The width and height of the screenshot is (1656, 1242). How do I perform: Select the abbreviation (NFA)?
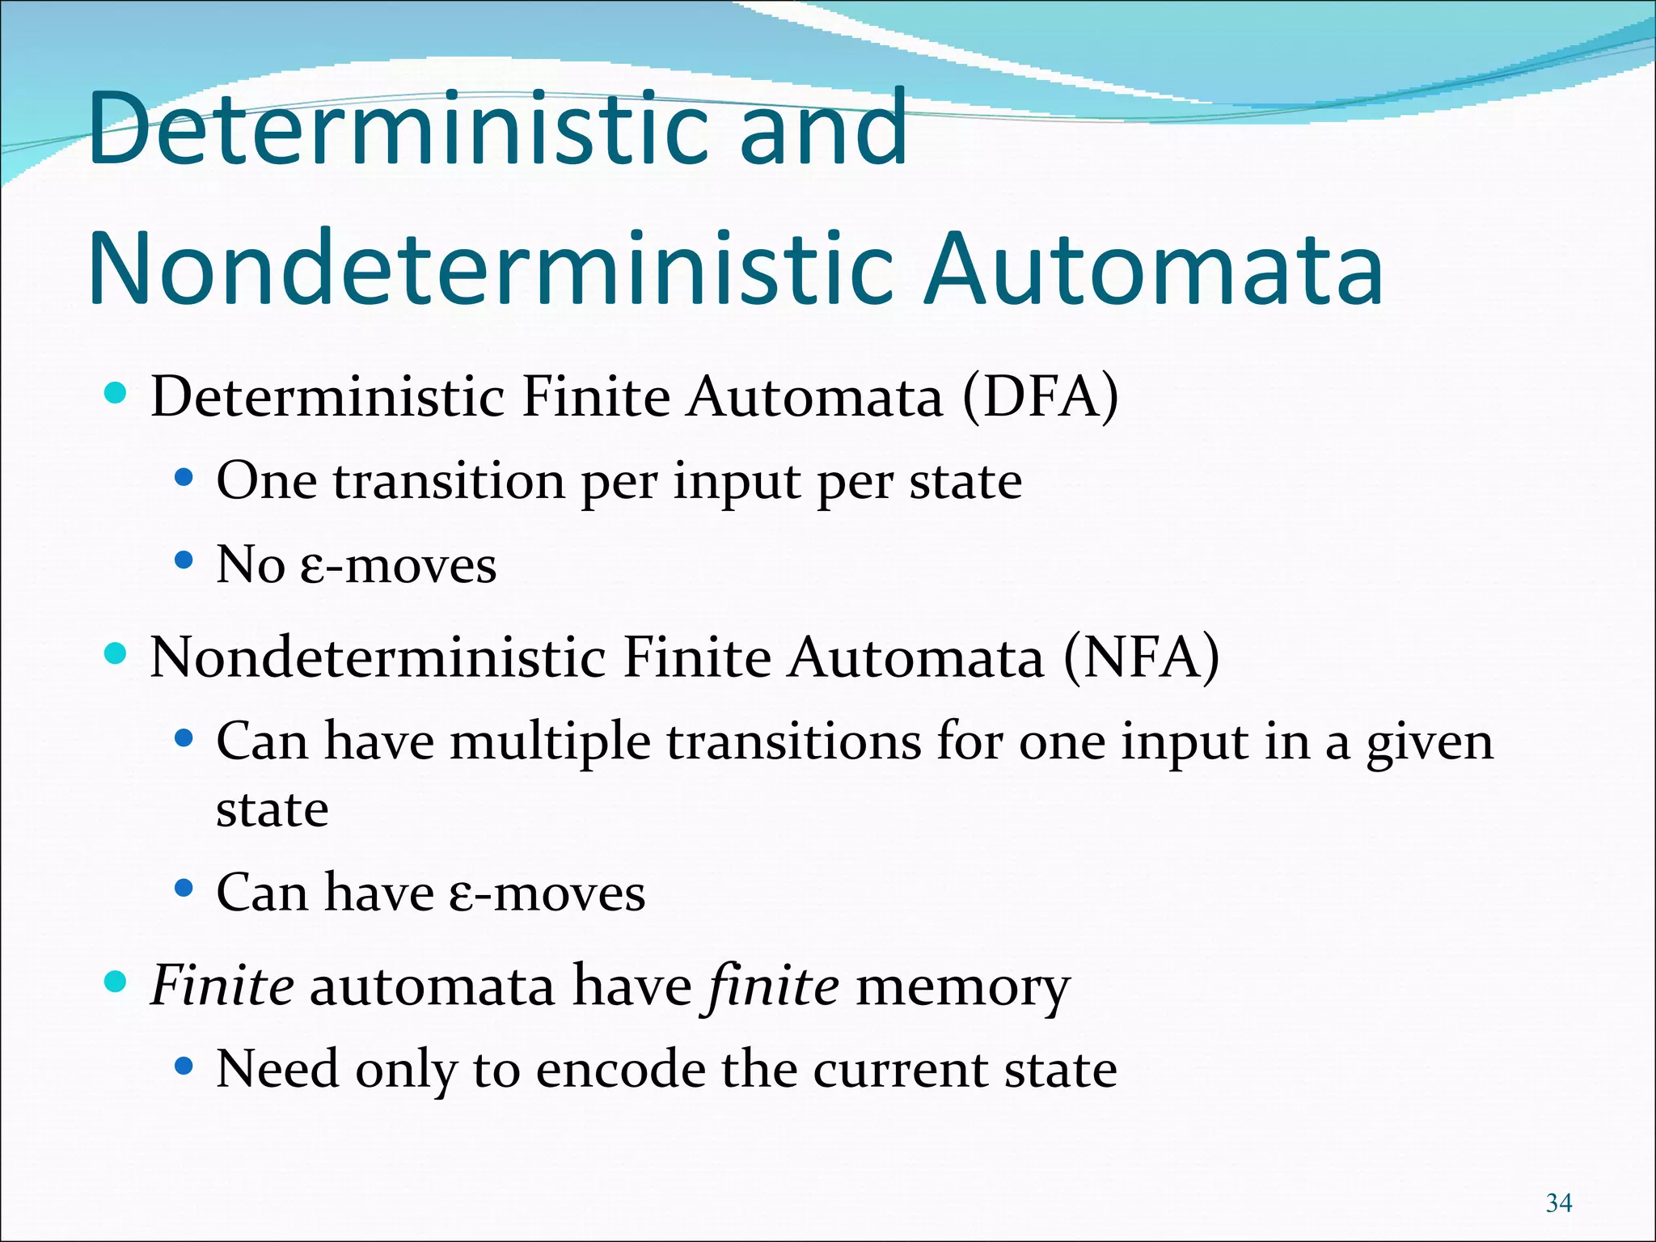[1141, 657]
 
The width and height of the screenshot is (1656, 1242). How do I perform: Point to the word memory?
[963, 986]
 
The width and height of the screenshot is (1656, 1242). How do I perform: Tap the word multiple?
[550, 742]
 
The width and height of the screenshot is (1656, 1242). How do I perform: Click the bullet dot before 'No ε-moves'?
[184, 560]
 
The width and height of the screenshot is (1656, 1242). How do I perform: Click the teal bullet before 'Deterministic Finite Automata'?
[116, 394]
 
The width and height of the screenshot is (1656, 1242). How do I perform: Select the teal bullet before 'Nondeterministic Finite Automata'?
[116, 653]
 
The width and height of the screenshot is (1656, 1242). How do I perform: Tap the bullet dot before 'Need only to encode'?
[184, 1067]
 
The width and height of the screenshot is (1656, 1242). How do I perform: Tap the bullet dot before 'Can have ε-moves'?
[184, 889]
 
